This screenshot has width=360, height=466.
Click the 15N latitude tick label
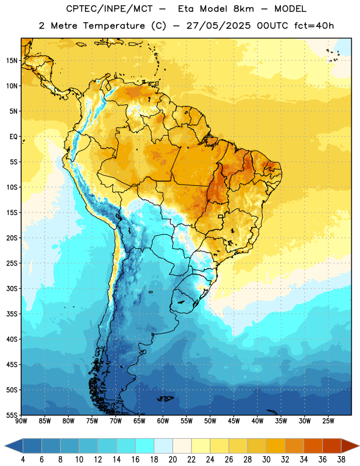[12, 61]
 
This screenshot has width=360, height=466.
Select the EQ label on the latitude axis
[13, 137]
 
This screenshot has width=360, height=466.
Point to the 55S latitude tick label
[12, 415]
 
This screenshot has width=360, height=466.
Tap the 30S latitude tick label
[12, 288]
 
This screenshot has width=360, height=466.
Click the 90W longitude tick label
[21, 421]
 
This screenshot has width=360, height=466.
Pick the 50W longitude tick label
[210, 421]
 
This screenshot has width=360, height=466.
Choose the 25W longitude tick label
[328, 421]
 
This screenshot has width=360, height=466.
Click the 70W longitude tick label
[116, 421]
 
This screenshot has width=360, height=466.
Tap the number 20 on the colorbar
[172, 460]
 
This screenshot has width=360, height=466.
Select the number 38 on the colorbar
[341, 460]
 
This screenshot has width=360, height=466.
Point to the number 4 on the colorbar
[23, 460]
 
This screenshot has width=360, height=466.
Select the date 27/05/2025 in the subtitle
[218, 26]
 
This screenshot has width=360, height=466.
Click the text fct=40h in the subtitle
[314, 26]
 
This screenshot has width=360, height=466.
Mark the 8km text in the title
[243, 9]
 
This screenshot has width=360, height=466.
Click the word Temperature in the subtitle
[114, 26]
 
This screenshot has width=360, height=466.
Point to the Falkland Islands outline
[165, 398]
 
